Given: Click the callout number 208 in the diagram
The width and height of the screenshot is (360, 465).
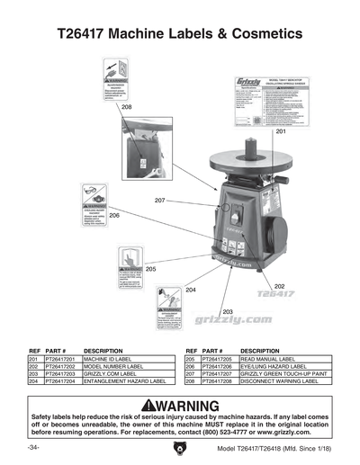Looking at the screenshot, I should (126, 107).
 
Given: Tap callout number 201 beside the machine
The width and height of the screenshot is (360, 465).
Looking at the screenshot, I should (280, 132).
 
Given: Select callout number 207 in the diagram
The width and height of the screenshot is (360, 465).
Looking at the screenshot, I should (159, 199).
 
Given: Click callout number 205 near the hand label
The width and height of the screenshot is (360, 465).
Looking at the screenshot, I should (150, 269).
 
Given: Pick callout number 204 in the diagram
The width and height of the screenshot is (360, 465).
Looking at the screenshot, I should (190, 291).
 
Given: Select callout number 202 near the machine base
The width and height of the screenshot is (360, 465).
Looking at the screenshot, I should (279, 287).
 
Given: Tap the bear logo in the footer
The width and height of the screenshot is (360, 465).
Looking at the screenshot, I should (180, 449).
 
